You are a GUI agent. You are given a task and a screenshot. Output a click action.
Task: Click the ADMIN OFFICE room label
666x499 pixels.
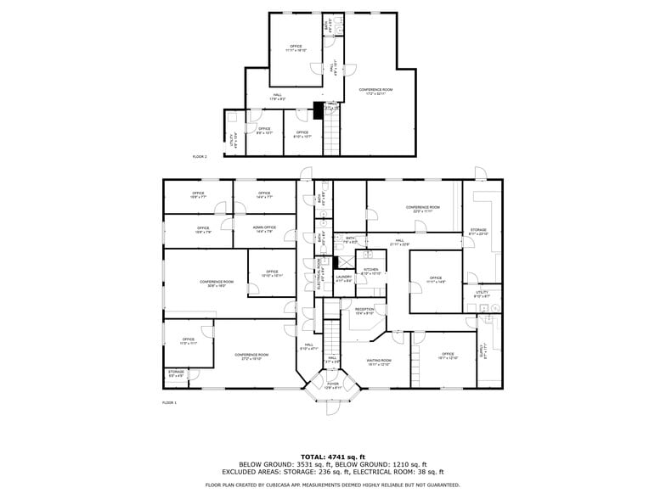pyautogui.click(x=264, y=228)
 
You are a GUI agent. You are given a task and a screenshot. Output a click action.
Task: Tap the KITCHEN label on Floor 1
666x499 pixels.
pyautogui.click(x=371, y=271)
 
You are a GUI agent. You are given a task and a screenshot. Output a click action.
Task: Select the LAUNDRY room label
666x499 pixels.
pyautogui.click(x=344, y=277)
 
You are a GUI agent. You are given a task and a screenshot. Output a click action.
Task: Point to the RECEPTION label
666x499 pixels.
pyautogui.click(x=364, y=311)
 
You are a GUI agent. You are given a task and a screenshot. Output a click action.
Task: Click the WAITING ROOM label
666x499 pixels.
pyautogui.click(x=379, y=362)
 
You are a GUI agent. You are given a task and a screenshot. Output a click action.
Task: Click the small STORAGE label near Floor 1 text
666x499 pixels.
pyautogui.click(x=176, y=372)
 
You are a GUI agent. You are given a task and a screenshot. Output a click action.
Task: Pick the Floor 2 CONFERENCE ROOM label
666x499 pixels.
pyautogui.click(x=375, y=90)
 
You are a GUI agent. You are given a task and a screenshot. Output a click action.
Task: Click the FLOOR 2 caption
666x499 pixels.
pyautogui.click(x=200, y=157)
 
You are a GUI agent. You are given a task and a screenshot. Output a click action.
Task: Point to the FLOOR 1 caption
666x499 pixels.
pyautogui.click(x=170, y=402)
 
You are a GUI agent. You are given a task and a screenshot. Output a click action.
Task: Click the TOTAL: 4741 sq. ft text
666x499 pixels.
pyautogui.click(x=332, y=457)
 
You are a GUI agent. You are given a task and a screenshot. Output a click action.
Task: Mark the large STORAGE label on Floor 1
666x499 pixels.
pyautogui.click(x=478, y=231)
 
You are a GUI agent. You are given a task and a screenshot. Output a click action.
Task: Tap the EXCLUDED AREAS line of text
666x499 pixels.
pyautogui.click(x=332, y=471)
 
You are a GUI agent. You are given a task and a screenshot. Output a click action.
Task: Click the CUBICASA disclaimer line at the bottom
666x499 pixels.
pyautogui.click(x=332, y=485)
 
